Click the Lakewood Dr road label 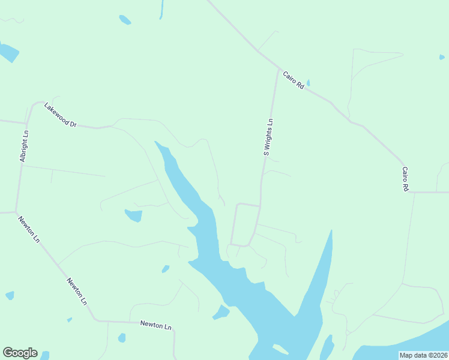(x=61, y=115)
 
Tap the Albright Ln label (x=24, y=147)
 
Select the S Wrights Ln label (x=269, y=137)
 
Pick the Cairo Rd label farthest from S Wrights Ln (x=406, y=179)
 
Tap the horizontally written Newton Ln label (x=155, y=325)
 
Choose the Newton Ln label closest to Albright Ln (x=28, y=229)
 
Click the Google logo (x=20, y=353)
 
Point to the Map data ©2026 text (x=423, y=355)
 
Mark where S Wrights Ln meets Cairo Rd (x=278, y=70)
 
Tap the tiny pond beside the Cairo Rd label (x=309, y=83)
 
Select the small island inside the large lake (x=280, y=349)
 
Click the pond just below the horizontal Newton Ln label (x=122, y=338)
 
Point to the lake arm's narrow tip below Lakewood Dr (x=156, y=142)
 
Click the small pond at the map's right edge (x=442, y=58)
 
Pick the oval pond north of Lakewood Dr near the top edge (x=125, y=20)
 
